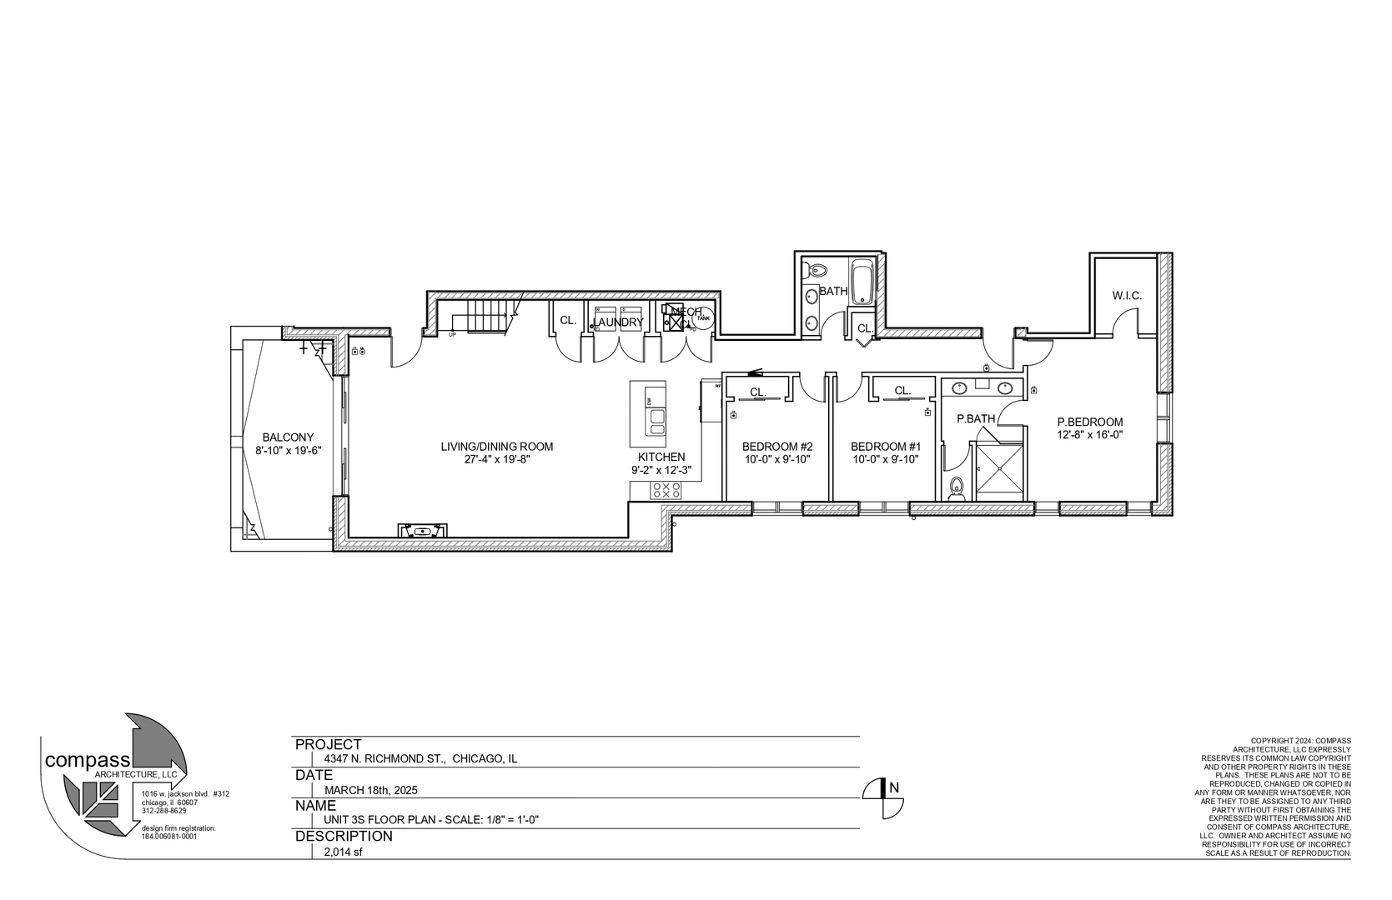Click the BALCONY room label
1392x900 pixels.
[x=288, y=437]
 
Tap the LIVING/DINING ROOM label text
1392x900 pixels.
[x=496, y=447]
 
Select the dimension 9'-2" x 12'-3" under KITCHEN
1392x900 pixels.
[x=661, y=470]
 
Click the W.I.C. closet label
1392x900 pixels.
[x=1126, y=296]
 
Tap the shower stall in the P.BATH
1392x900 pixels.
[x=998, y=472]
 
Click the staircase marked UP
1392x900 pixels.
[x=484, y=317]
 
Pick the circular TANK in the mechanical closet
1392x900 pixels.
[x=703, y=318]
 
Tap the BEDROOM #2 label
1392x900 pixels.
[x=776, y=447]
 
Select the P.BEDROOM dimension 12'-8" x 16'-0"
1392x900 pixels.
[x=1089, y=434]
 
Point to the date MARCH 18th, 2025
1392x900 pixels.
[x=371, y=790]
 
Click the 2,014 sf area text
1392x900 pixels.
[x=344, y=852]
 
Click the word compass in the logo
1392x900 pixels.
[x=87, y=760]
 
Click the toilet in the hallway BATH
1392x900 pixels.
[x=817, y=270]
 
